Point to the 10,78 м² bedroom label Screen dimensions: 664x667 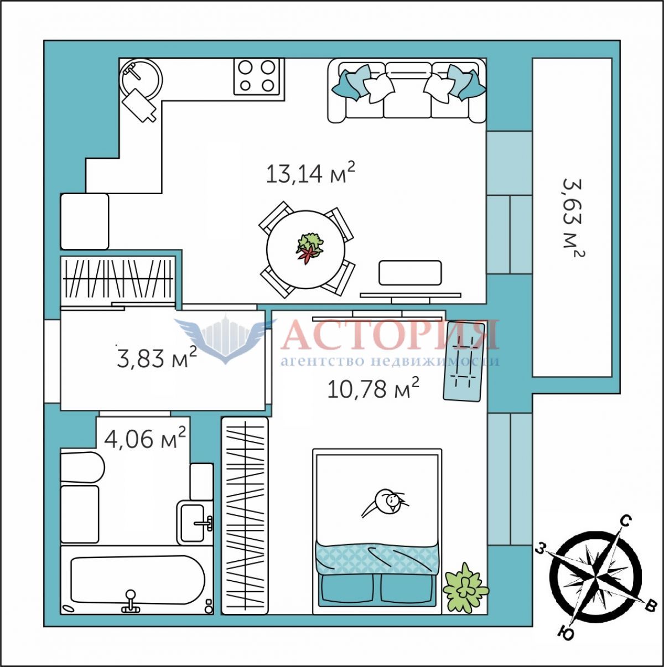373,388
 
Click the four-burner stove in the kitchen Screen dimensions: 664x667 257,76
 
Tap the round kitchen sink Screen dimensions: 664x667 141,79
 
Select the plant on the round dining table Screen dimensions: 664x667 309,247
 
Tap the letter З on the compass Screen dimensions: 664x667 541,558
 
